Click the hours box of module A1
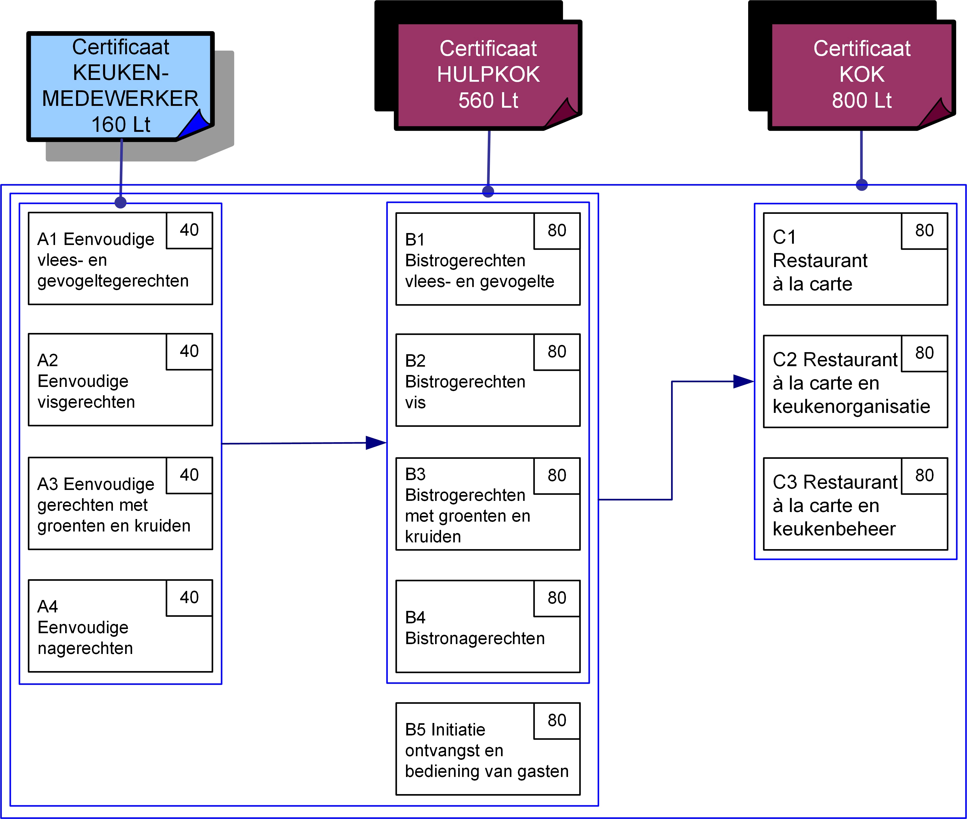click(189, 230)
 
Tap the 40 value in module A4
click(189, 598)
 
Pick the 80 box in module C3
click(924, 475)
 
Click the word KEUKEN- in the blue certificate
click(121, 73)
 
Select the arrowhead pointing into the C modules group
click(743, 382)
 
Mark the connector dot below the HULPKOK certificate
click(488, 191)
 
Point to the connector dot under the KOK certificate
click(862, 185)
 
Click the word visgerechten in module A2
click(86, 402)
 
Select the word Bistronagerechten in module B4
click(475, 638)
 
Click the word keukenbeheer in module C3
click(834, 529)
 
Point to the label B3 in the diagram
click(415, 474)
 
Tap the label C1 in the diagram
click(784, 237)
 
